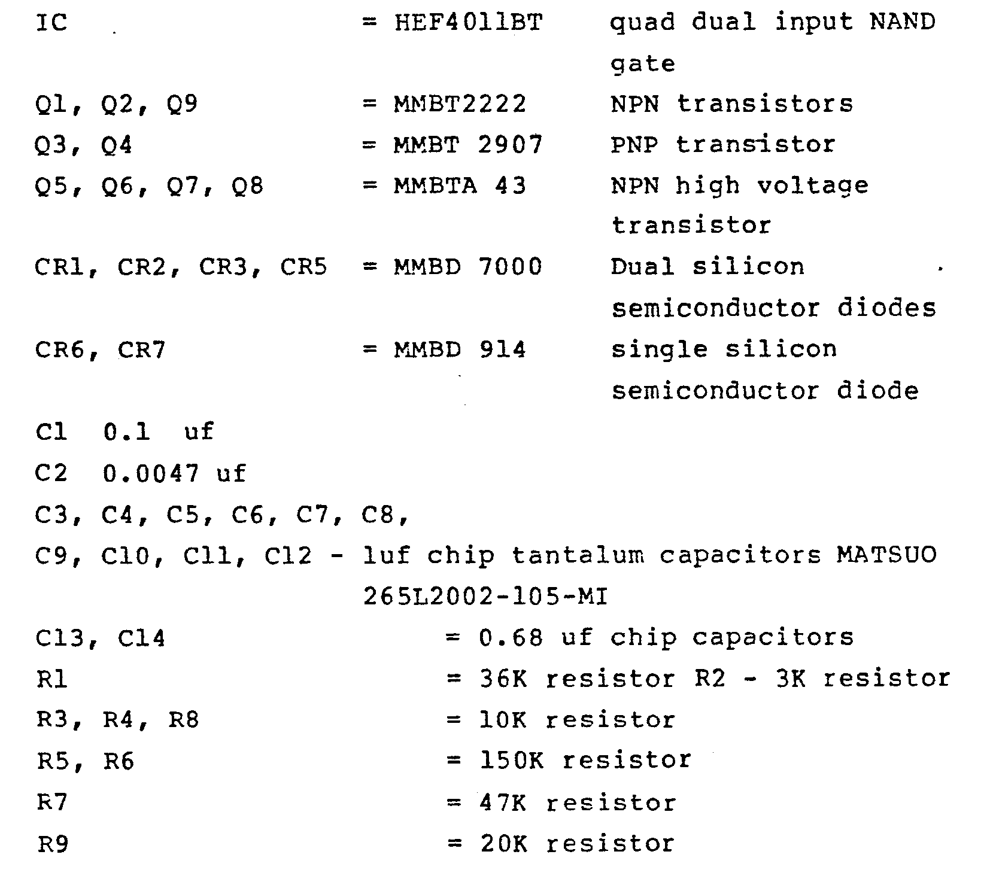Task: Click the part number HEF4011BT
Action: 469,23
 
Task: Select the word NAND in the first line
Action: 903,23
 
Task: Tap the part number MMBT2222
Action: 460,104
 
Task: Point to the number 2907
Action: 511,145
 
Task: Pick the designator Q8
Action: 247,187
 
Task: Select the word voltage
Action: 812,187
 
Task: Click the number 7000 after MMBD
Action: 511,266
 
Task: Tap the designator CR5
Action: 304,267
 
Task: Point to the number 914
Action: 503,349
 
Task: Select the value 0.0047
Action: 151,474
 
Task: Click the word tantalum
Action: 578,556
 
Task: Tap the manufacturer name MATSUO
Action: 886,556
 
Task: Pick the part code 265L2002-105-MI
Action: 485,597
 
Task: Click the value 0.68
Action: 511,638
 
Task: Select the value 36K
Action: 503,679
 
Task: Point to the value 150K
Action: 511,761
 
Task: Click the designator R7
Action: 52,802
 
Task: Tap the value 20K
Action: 503,844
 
